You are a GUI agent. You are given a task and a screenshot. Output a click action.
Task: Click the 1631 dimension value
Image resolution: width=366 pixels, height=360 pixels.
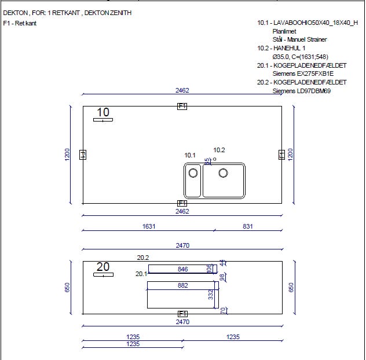(x=149, y=226)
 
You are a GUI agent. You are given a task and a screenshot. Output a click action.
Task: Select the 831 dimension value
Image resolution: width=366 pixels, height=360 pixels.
(x=248, y=226)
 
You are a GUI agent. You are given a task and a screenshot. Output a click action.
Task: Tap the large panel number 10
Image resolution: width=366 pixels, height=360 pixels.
(x=103, y=112)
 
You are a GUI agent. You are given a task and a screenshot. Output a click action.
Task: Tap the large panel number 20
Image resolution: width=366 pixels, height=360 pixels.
(x=103, y=267)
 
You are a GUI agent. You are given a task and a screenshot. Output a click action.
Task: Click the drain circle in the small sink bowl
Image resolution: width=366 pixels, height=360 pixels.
(x=193, y=173)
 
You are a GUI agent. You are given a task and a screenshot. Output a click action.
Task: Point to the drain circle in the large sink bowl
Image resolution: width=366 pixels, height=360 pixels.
(x=223, y=173)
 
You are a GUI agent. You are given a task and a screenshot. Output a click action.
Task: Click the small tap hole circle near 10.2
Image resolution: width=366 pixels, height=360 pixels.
(x=214, y=159)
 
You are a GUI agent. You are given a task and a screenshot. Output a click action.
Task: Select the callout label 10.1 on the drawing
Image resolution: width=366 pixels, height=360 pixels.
(x=190, y=155)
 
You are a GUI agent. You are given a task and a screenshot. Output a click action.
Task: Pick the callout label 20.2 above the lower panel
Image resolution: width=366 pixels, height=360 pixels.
(x=142, y=258)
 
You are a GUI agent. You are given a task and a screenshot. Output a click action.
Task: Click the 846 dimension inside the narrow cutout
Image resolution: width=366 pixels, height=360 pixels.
(x=182, y=269)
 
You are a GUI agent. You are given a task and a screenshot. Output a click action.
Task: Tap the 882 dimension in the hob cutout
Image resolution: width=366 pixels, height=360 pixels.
(x=182, y=285)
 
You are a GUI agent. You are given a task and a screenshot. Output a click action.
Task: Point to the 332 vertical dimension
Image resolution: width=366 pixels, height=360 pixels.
(x=211, y=295)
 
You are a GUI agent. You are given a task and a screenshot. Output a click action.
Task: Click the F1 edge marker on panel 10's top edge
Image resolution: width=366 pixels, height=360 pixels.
(x=182, y=106)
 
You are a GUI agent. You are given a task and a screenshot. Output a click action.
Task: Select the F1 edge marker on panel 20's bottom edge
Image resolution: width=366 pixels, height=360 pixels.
(x=182, y=314)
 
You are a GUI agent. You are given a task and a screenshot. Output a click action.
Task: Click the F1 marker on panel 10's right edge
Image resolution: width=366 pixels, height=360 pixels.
(x=281, y=155)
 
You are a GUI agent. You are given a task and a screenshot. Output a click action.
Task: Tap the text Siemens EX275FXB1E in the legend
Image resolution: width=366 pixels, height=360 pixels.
(x=303, y=74)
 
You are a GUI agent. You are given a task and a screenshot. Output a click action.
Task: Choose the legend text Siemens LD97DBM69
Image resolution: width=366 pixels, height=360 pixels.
(x=302, y=91)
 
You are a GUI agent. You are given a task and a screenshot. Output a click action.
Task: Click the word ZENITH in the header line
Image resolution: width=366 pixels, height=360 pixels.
(x=120, y=13)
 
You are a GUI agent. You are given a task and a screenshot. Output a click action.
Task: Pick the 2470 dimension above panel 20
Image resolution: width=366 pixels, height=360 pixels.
(x=182, y=245)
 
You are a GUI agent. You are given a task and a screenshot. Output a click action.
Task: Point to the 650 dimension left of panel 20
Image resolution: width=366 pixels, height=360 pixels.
(x=67, y=287)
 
